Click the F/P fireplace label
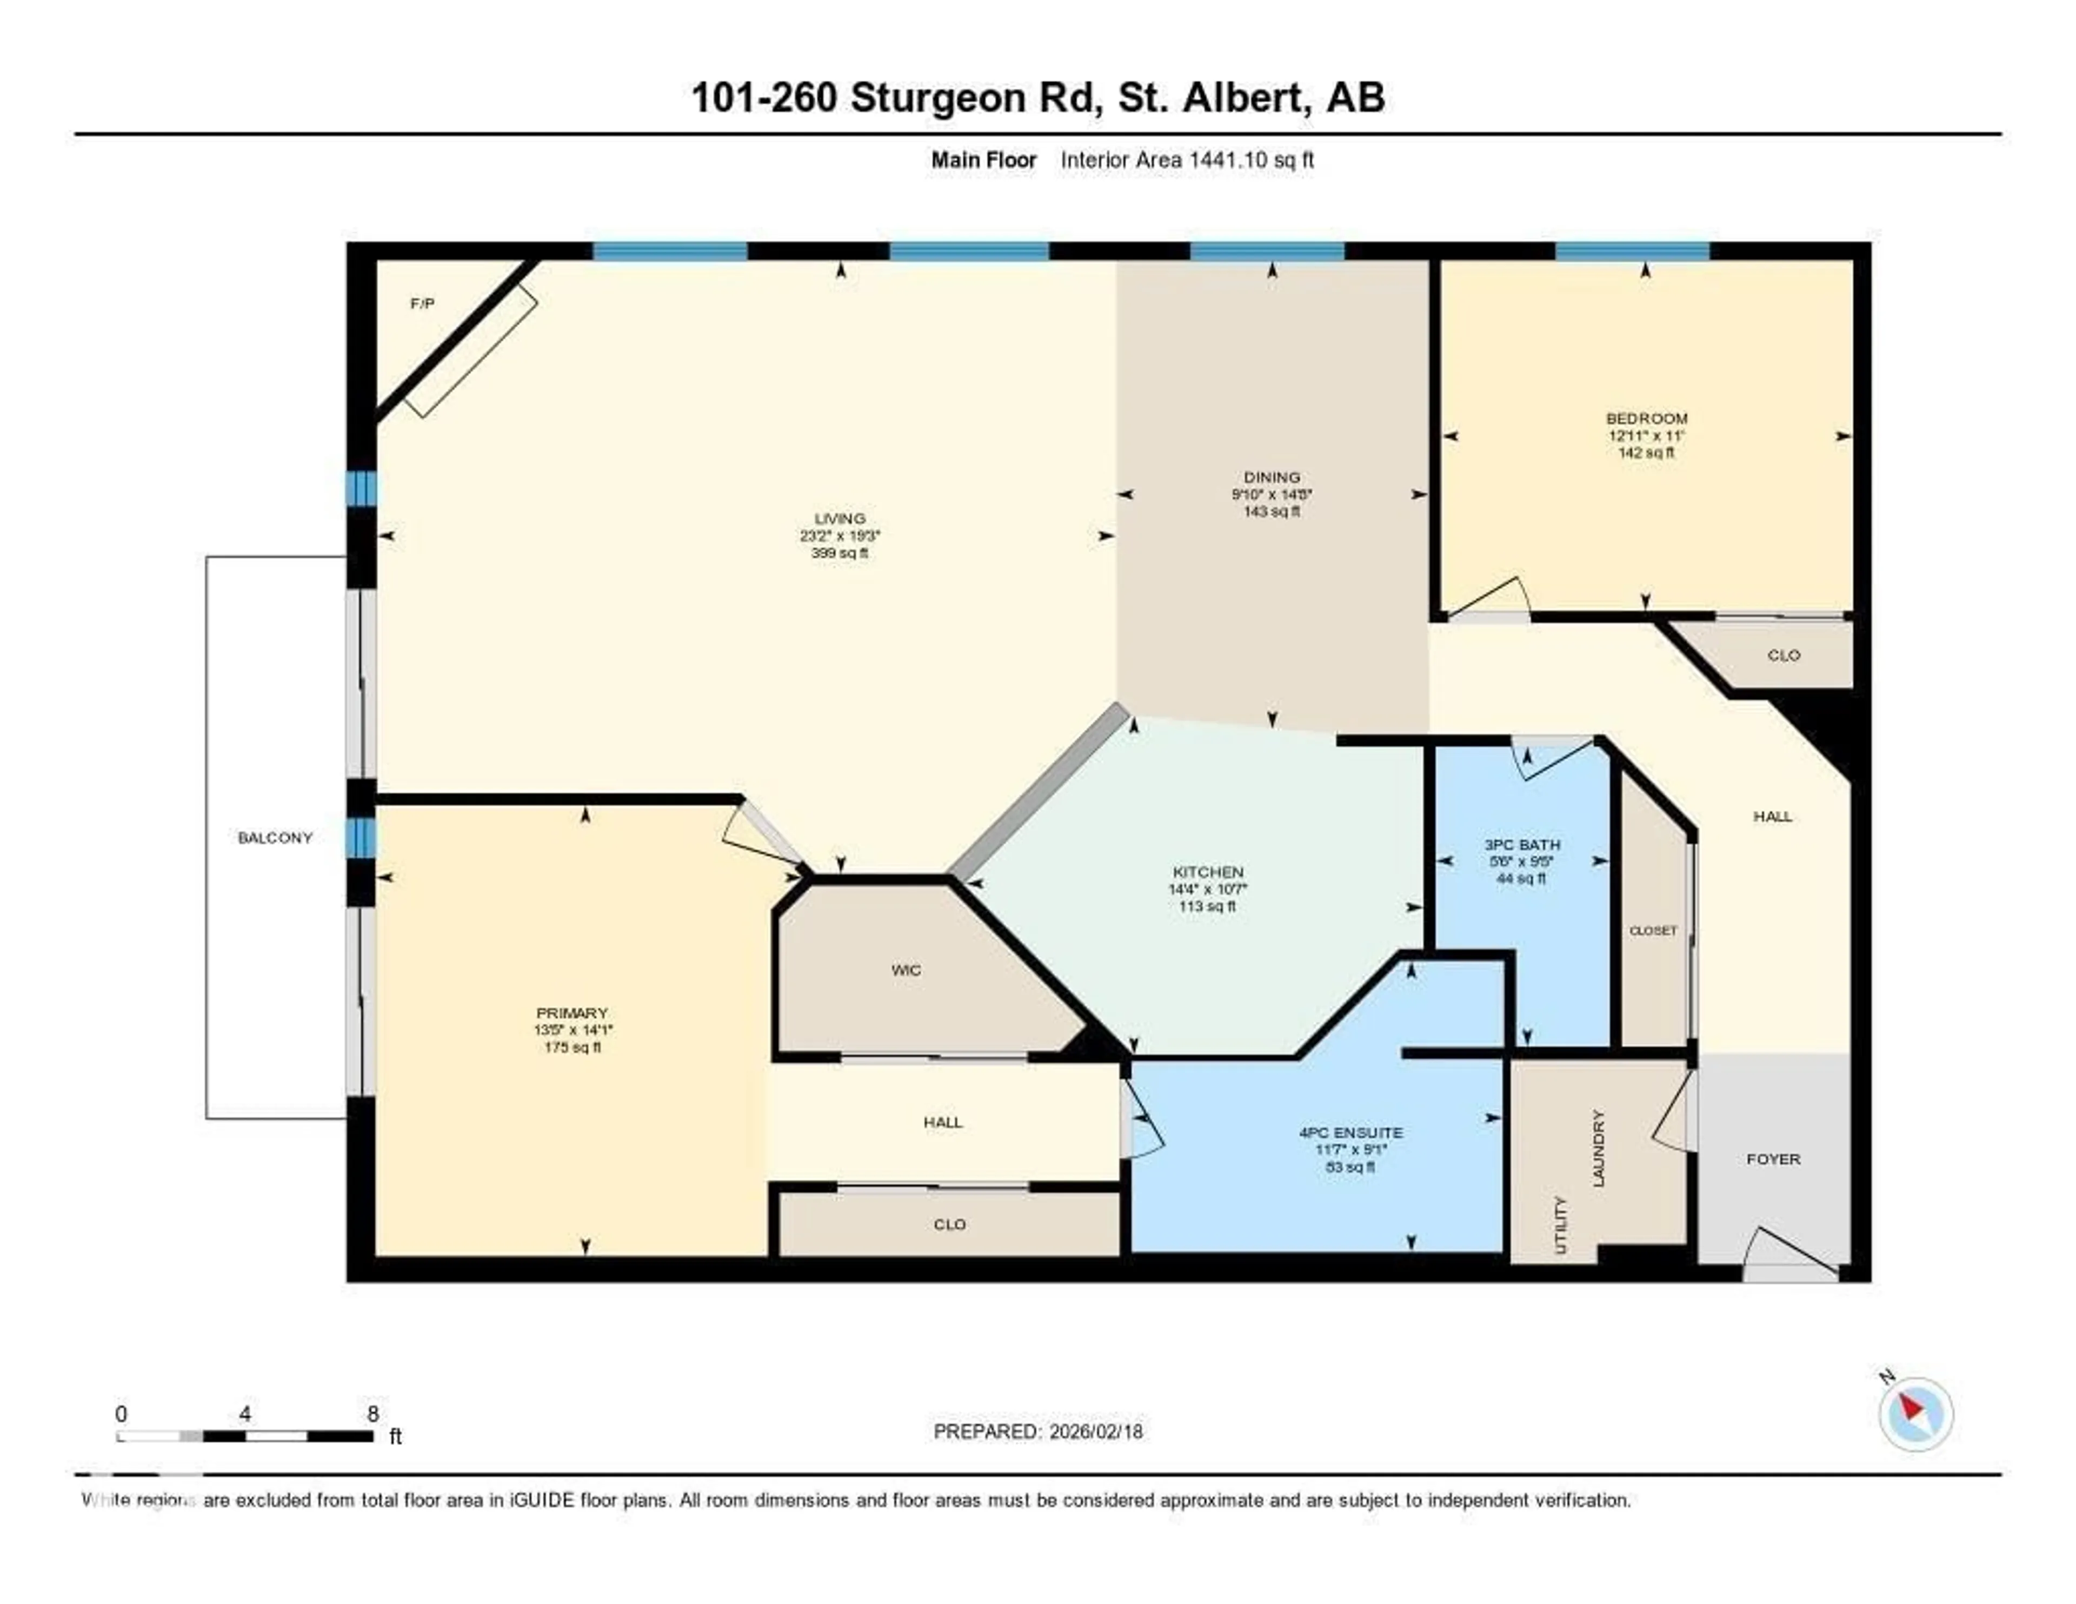(422, 303)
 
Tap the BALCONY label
(275, 838)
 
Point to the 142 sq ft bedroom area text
(1646, 453)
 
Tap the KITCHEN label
(1207, 872)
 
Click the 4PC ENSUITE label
(1350, 1132)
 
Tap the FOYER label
(1773, 1159)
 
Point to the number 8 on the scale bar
(372, 1414)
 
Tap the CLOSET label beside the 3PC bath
(1653, 931)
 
